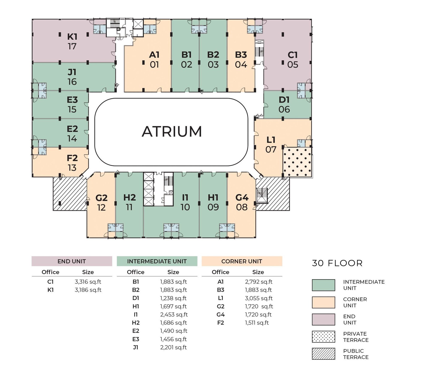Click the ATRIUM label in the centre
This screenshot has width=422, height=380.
(172, 131)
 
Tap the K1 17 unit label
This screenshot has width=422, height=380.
(72, 41)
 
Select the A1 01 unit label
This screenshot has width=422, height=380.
(154, 60)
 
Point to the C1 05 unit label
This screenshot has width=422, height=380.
(292, 60)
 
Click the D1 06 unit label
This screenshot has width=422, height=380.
(284, 104)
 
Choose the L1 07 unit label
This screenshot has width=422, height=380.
(271, 145)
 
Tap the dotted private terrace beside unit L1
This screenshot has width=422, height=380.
(297, 162)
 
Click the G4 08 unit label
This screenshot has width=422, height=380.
(242, 202)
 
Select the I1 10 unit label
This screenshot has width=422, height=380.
(185, 202)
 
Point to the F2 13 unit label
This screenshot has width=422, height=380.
(72, 163)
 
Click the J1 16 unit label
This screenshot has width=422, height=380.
(72, 77)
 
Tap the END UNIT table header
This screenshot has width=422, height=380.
(72, 261)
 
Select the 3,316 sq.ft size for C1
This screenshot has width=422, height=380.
(88, 282)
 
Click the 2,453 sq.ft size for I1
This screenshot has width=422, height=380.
(174, 315)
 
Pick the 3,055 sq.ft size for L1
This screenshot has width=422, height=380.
(259, 298)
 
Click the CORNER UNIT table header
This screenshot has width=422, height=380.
(242, 261)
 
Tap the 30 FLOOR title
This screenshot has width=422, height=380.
(337, 263)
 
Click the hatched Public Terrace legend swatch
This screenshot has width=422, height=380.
(324, 354)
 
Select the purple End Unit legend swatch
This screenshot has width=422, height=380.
(324, 319)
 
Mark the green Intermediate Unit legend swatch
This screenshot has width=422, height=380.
(324, 285)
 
